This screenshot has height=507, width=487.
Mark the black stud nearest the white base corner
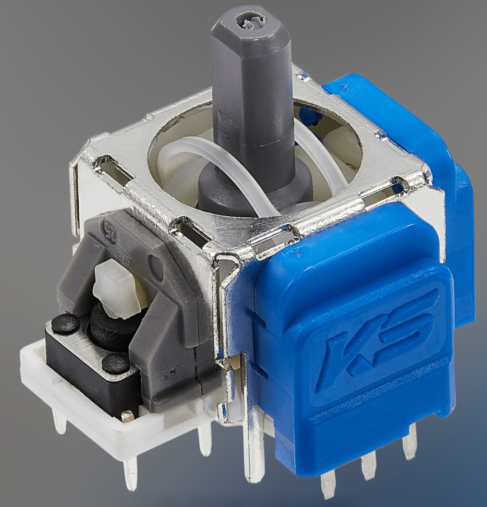[x=65, y=325]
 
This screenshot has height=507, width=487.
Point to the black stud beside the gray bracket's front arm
[x=115, y=363]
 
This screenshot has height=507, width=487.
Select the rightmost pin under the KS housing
[x=410, y=447]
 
